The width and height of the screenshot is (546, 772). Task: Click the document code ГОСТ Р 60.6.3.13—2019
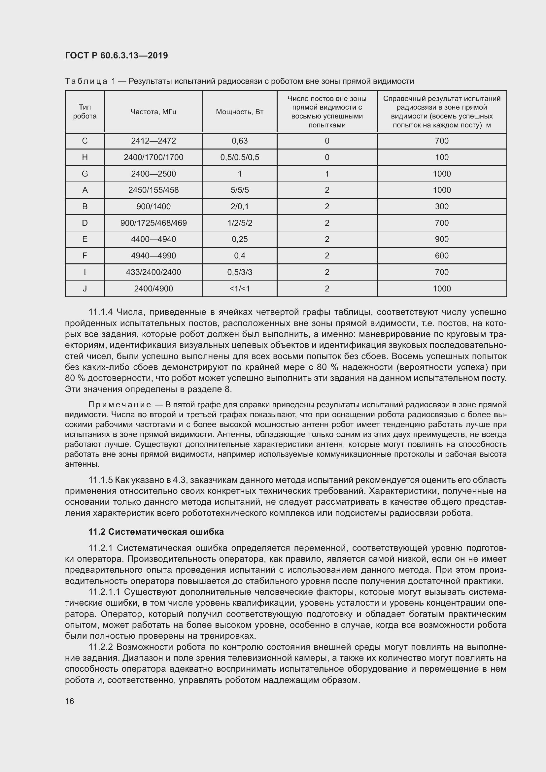pos(116,56)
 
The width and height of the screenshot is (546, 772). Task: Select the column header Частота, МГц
pos(153,112)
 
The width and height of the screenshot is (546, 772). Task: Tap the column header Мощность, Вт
pos(239,112)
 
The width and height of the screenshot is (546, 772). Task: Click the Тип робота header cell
pos(85,112)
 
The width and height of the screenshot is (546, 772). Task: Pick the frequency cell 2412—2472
pos(153,141)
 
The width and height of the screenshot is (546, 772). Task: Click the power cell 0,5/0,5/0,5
pos(239,157)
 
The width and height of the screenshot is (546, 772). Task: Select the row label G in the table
pos(85,174)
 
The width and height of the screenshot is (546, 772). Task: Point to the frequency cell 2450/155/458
pos(153,190)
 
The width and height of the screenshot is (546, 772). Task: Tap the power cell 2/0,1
pos(239,206)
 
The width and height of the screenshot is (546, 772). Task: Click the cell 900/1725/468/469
pos(153,223)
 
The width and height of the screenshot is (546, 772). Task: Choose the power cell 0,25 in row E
pos(239,239)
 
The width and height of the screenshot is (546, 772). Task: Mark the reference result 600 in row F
pos(441,255)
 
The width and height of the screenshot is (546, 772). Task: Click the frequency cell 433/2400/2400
pos(153,272)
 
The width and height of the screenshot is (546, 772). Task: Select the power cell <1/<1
pos(239,288)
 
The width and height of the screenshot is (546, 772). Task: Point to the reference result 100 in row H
pos(441,157)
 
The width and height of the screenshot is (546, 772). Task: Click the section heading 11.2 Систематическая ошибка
pos(156,532)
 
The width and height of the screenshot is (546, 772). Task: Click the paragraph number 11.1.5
pos(101,480)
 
